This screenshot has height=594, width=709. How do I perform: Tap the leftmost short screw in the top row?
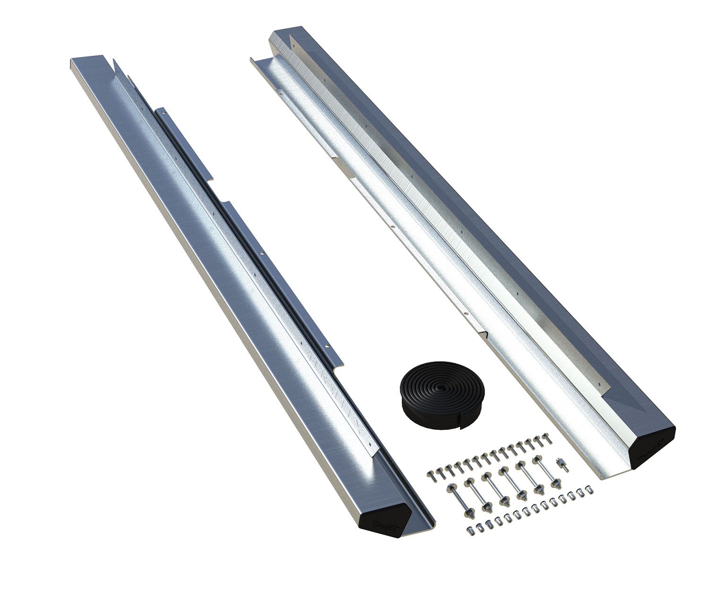coord(431,475)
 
